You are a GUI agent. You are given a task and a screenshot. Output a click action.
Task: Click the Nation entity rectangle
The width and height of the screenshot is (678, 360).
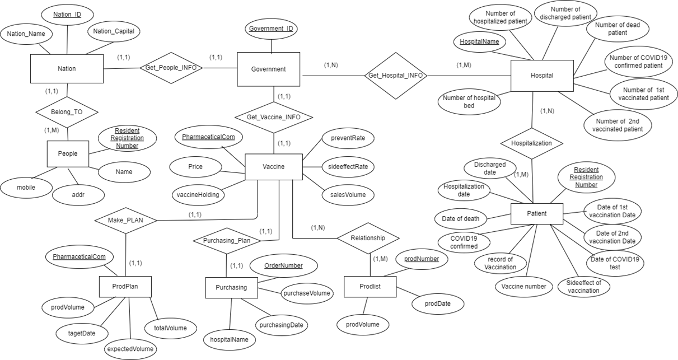67,69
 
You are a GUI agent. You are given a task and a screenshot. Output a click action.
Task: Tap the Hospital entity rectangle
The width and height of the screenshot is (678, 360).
542,76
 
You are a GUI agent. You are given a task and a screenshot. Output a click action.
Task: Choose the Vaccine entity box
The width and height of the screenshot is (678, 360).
273,167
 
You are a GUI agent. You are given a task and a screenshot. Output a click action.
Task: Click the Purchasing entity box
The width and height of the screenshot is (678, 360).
231,287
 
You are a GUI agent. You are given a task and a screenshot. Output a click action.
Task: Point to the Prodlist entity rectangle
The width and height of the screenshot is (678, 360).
370,287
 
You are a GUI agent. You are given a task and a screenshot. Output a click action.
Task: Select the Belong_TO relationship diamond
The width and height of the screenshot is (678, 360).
67,112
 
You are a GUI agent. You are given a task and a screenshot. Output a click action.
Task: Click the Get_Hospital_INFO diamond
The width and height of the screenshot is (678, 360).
395,76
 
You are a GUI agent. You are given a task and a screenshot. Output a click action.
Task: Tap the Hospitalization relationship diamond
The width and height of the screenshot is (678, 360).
531,143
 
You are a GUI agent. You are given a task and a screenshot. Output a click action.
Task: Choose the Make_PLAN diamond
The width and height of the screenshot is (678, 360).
125,220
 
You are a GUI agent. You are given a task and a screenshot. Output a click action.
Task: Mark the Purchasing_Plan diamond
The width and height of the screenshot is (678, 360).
227,241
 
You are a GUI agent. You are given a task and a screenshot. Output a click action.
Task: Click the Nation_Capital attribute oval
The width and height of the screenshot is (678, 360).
114,31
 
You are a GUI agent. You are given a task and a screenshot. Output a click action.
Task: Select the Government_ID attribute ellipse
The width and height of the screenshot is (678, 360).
271,29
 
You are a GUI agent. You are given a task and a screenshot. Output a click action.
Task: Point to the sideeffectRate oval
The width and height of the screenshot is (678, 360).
348,167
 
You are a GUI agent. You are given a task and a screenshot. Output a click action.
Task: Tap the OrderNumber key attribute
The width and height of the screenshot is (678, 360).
283,265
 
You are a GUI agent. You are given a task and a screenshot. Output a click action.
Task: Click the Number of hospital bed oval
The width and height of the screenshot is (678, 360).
469,101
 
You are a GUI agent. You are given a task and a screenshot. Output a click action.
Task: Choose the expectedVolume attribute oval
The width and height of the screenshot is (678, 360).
130,349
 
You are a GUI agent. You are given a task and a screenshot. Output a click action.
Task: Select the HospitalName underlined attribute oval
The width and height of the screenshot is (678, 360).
479,42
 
